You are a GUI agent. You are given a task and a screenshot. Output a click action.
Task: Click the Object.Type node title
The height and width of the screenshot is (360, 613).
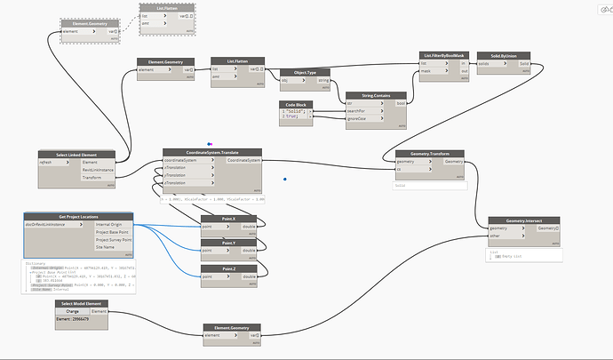[299, 73]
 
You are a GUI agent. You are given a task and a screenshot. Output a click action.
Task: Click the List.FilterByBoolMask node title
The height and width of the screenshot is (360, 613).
[445, 55]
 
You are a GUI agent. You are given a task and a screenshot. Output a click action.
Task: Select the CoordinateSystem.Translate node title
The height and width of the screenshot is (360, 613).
[212, 151]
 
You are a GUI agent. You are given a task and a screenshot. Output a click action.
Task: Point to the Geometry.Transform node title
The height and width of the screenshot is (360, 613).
[429, 153]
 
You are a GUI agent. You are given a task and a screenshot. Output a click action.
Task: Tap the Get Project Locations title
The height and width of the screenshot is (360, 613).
[78, 216]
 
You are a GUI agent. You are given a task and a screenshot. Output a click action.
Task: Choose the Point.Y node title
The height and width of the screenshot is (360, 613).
[229, 243]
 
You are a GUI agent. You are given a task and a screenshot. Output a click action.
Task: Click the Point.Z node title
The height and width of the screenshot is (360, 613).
[229, 268]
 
